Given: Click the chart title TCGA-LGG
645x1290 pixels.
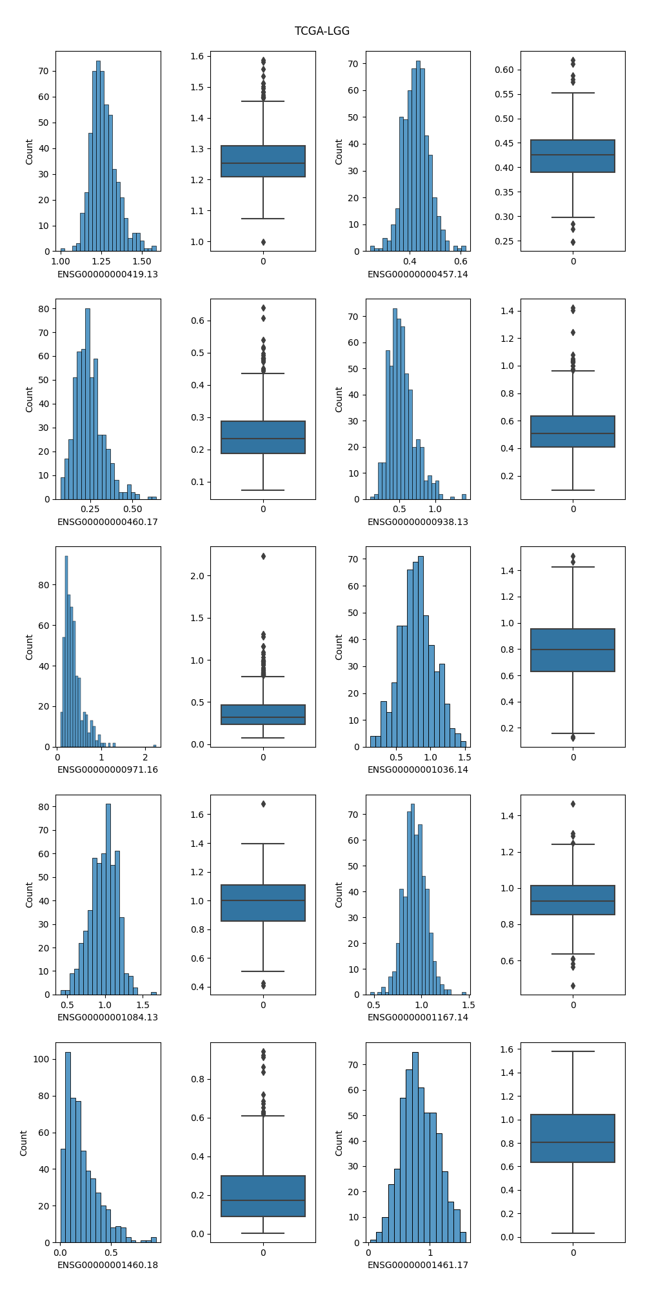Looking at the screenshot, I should coord(322,31).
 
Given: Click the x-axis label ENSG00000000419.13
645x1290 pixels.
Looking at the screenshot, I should coord(108,274).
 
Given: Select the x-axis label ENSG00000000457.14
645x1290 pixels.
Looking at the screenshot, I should coord(418,274).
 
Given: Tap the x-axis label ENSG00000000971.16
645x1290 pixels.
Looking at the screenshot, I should coord(108,769).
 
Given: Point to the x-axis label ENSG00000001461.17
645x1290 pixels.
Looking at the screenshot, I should coord(418,1265).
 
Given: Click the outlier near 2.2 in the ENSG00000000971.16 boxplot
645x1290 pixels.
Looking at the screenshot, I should coord(263,556).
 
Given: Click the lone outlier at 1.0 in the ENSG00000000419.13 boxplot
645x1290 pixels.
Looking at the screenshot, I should coord(263,242).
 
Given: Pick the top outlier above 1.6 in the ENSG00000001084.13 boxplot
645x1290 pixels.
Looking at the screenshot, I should coord(263,804).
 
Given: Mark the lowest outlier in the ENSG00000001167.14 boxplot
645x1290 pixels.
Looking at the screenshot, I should coord(573,986).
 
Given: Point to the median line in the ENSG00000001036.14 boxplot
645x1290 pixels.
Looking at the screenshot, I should coord(573,650).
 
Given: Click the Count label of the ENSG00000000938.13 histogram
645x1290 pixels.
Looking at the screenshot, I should coord(339,399).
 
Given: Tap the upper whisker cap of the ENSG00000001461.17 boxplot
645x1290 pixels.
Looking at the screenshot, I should coord(573,1051).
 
